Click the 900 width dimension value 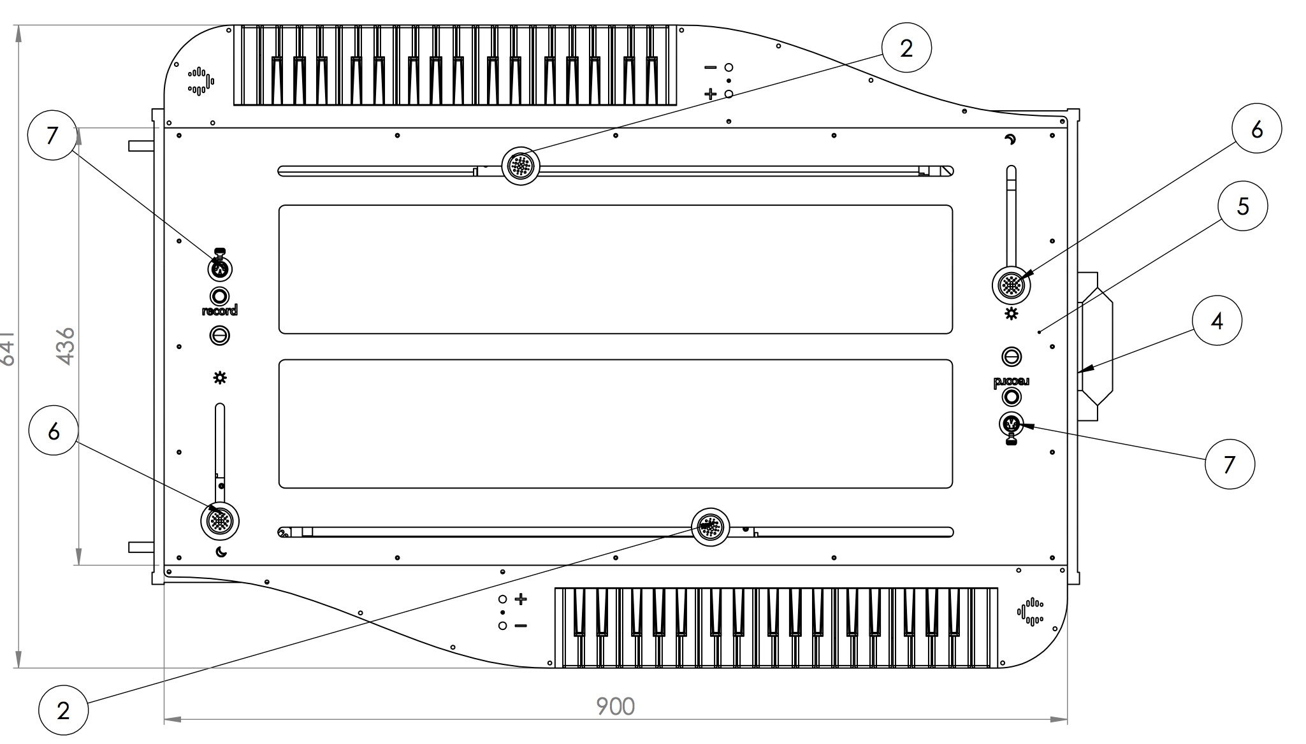pos(615,706)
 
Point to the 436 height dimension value pos(66,346)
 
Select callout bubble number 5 pos(1242,206)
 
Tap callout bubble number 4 pos(1217,320)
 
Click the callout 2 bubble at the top pos(906,48)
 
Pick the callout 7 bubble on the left pos(52,136)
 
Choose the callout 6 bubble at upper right pos(1256,129)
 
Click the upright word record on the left pos(219,311)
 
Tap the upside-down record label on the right pos(1011,382)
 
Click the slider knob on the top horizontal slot pos(521,166)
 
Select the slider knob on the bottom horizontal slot pos(710,527)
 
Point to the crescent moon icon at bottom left pos(221,552)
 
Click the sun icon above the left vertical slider pos(220,379)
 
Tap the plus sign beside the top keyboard pos(710,94)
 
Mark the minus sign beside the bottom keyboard pos(521,626)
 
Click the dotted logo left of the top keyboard pos(200,81)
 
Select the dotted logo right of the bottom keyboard pos(1030,612)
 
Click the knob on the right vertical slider pos(1011,285)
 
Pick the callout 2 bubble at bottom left pos(62,710)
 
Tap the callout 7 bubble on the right pos(1229,464)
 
